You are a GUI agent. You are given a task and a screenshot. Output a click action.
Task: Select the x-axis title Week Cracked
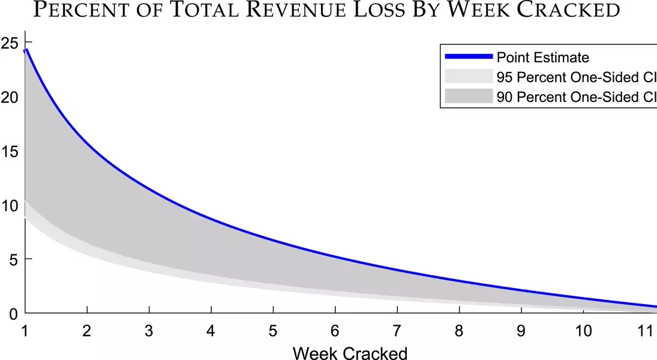tap(350, 352)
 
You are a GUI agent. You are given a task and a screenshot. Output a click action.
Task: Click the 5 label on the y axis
tap(13, 259)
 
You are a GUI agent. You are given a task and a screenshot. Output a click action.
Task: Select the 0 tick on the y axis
tap(13, 313)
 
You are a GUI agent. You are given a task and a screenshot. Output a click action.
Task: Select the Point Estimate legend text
tap(542, 58)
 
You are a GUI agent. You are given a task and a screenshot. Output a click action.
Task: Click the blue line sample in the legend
tap(469, 57)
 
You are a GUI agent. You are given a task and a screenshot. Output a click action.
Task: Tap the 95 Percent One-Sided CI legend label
tap(576, 76)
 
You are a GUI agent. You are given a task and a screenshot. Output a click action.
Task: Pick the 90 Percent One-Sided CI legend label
tap(576, 96)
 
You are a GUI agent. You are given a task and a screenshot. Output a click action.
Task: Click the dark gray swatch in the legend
tap(469, 96)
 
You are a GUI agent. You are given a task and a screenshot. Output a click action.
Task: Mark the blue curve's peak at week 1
tap(26, 50)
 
